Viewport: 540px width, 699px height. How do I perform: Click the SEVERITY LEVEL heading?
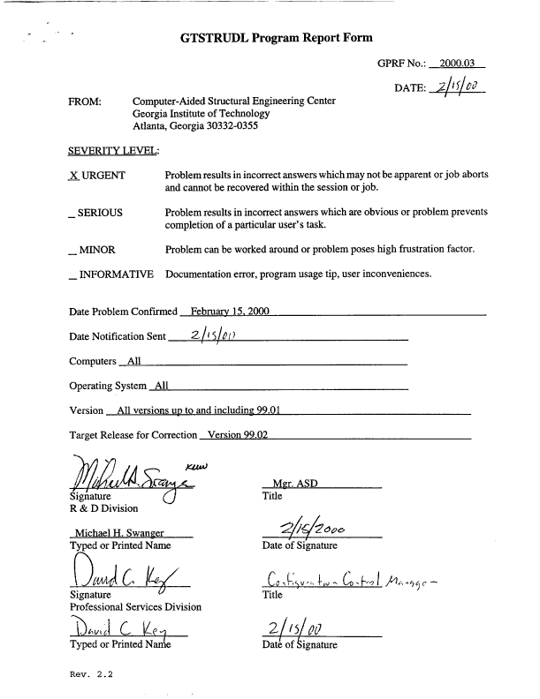[x=107, y=152]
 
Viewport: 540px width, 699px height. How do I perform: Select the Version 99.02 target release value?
[x=237, y=434]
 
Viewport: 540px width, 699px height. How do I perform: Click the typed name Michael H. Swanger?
[x=118, y=535]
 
